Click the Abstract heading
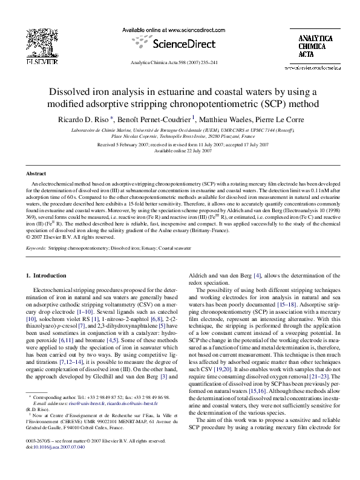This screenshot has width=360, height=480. [x=37, y=174]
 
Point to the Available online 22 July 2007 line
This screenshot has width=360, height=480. [x=180, y=151]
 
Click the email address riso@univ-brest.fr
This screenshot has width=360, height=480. [x=83, y=403]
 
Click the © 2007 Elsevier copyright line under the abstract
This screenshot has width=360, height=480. [x=70, y=237]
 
